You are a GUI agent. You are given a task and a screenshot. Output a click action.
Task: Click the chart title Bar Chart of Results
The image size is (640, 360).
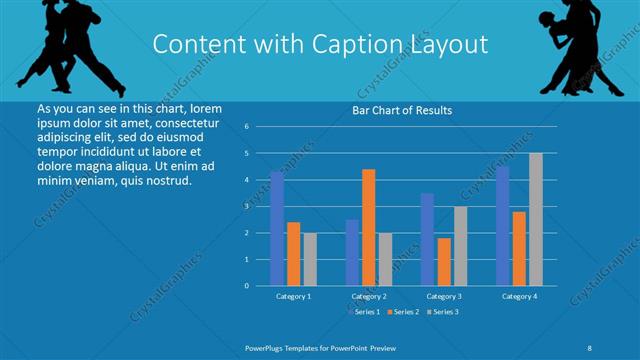pos(400,110)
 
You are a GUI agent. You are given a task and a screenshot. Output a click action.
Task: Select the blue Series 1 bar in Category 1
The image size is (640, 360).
pos(277,228)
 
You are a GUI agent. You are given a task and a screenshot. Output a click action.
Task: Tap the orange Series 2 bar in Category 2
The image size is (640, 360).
pos(369,227)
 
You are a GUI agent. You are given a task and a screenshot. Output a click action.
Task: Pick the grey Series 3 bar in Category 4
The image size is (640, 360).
pos(536,219)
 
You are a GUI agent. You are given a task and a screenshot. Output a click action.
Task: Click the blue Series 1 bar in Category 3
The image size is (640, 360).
pos(427,239)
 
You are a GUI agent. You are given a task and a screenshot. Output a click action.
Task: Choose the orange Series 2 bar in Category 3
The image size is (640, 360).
pos(444,261)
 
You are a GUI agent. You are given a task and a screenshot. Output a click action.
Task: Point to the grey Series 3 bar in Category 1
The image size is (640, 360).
pos(310,259)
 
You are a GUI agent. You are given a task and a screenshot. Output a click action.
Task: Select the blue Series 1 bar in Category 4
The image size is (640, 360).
pos(503,226)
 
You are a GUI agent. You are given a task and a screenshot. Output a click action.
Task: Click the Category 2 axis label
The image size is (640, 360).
pos(369,297)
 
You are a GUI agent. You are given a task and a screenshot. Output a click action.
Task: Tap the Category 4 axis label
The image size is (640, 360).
pos(519,297)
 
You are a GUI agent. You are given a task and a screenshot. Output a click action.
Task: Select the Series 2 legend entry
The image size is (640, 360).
pos(403,312)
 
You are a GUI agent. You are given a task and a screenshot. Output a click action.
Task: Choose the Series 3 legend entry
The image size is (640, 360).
pos(442,312)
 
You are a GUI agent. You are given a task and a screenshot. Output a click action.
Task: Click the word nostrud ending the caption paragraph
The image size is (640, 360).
pos(164,180)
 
